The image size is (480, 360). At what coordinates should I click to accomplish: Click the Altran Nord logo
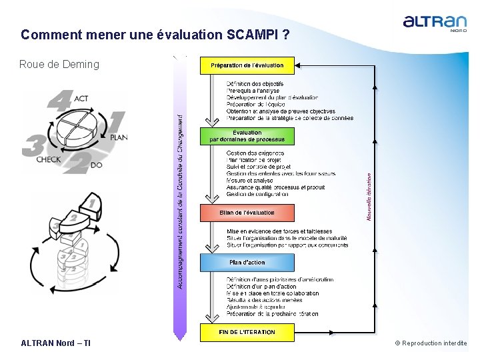[435, 23]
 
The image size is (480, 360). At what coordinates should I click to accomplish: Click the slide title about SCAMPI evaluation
[155, 34]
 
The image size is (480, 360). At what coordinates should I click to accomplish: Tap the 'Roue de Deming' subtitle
[59, 65]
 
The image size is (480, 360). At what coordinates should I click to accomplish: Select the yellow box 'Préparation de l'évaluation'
[247, 65]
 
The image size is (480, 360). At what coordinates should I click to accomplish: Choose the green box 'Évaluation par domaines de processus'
[247, 136]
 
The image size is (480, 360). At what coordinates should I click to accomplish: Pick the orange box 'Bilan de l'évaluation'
[247, 213]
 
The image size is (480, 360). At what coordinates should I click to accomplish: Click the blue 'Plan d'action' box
[247, 262]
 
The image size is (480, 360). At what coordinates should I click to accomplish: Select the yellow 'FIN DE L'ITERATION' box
[247, 332]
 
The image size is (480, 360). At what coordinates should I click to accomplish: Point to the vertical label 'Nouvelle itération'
[369, 197]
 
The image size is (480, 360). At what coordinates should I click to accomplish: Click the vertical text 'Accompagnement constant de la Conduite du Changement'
[179, 200]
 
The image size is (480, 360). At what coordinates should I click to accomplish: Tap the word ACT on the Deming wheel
[81, 98]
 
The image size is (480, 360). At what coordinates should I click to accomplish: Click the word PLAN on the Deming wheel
[118, 137]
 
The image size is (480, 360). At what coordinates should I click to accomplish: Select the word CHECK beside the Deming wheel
[49, 160]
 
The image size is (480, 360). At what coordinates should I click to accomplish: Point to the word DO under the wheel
[95, 165]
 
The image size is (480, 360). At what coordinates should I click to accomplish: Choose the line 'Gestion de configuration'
[257, 195]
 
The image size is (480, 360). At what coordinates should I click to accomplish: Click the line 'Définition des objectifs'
[255, 83]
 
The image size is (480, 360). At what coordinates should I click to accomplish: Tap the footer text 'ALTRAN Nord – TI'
[56, 343]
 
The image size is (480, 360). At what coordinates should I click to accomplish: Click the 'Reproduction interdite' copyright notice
[431, 343]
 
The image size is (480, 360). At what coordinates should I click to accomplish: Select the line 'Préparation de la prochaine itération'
[273, 314]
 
